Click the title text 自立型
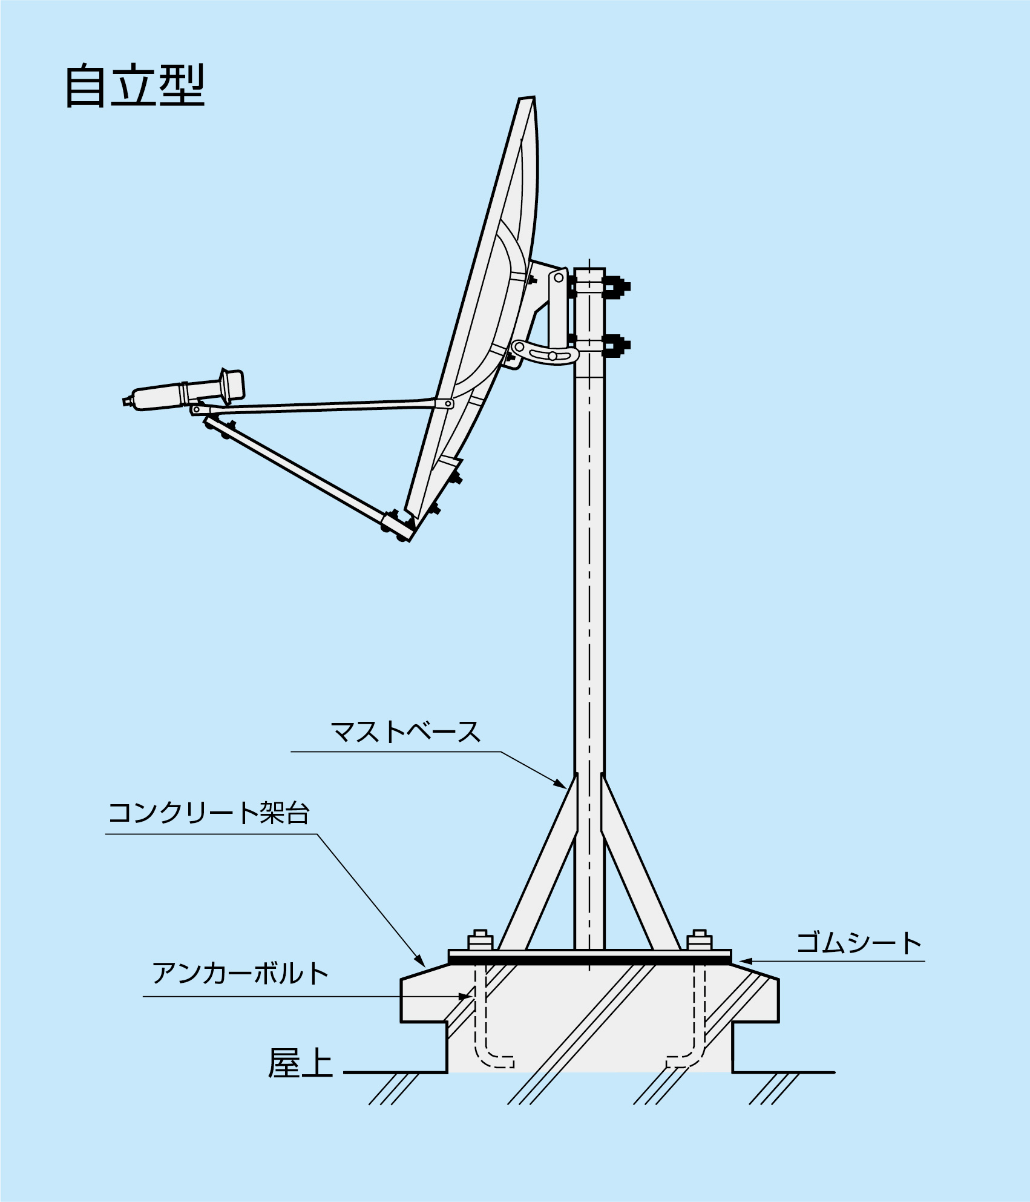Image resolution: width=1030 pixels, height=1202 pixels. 134,86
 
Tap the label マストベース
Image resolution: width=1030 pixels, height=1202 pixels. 405,731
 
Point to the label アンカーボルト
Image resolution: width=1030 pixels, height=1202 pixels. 240,973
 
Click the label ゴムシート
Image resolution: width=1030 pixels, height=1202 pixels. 858,943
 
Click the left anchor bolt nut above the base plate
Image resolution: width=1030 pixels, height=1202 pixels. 481,940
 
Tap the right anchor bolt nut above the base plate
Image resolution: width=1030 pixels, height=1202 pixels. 700,940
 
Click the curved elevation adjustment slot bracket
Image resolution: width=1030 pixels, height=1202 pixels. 545,353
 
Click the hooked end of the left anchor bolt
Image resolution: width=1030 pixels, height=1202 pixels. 497,1062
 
